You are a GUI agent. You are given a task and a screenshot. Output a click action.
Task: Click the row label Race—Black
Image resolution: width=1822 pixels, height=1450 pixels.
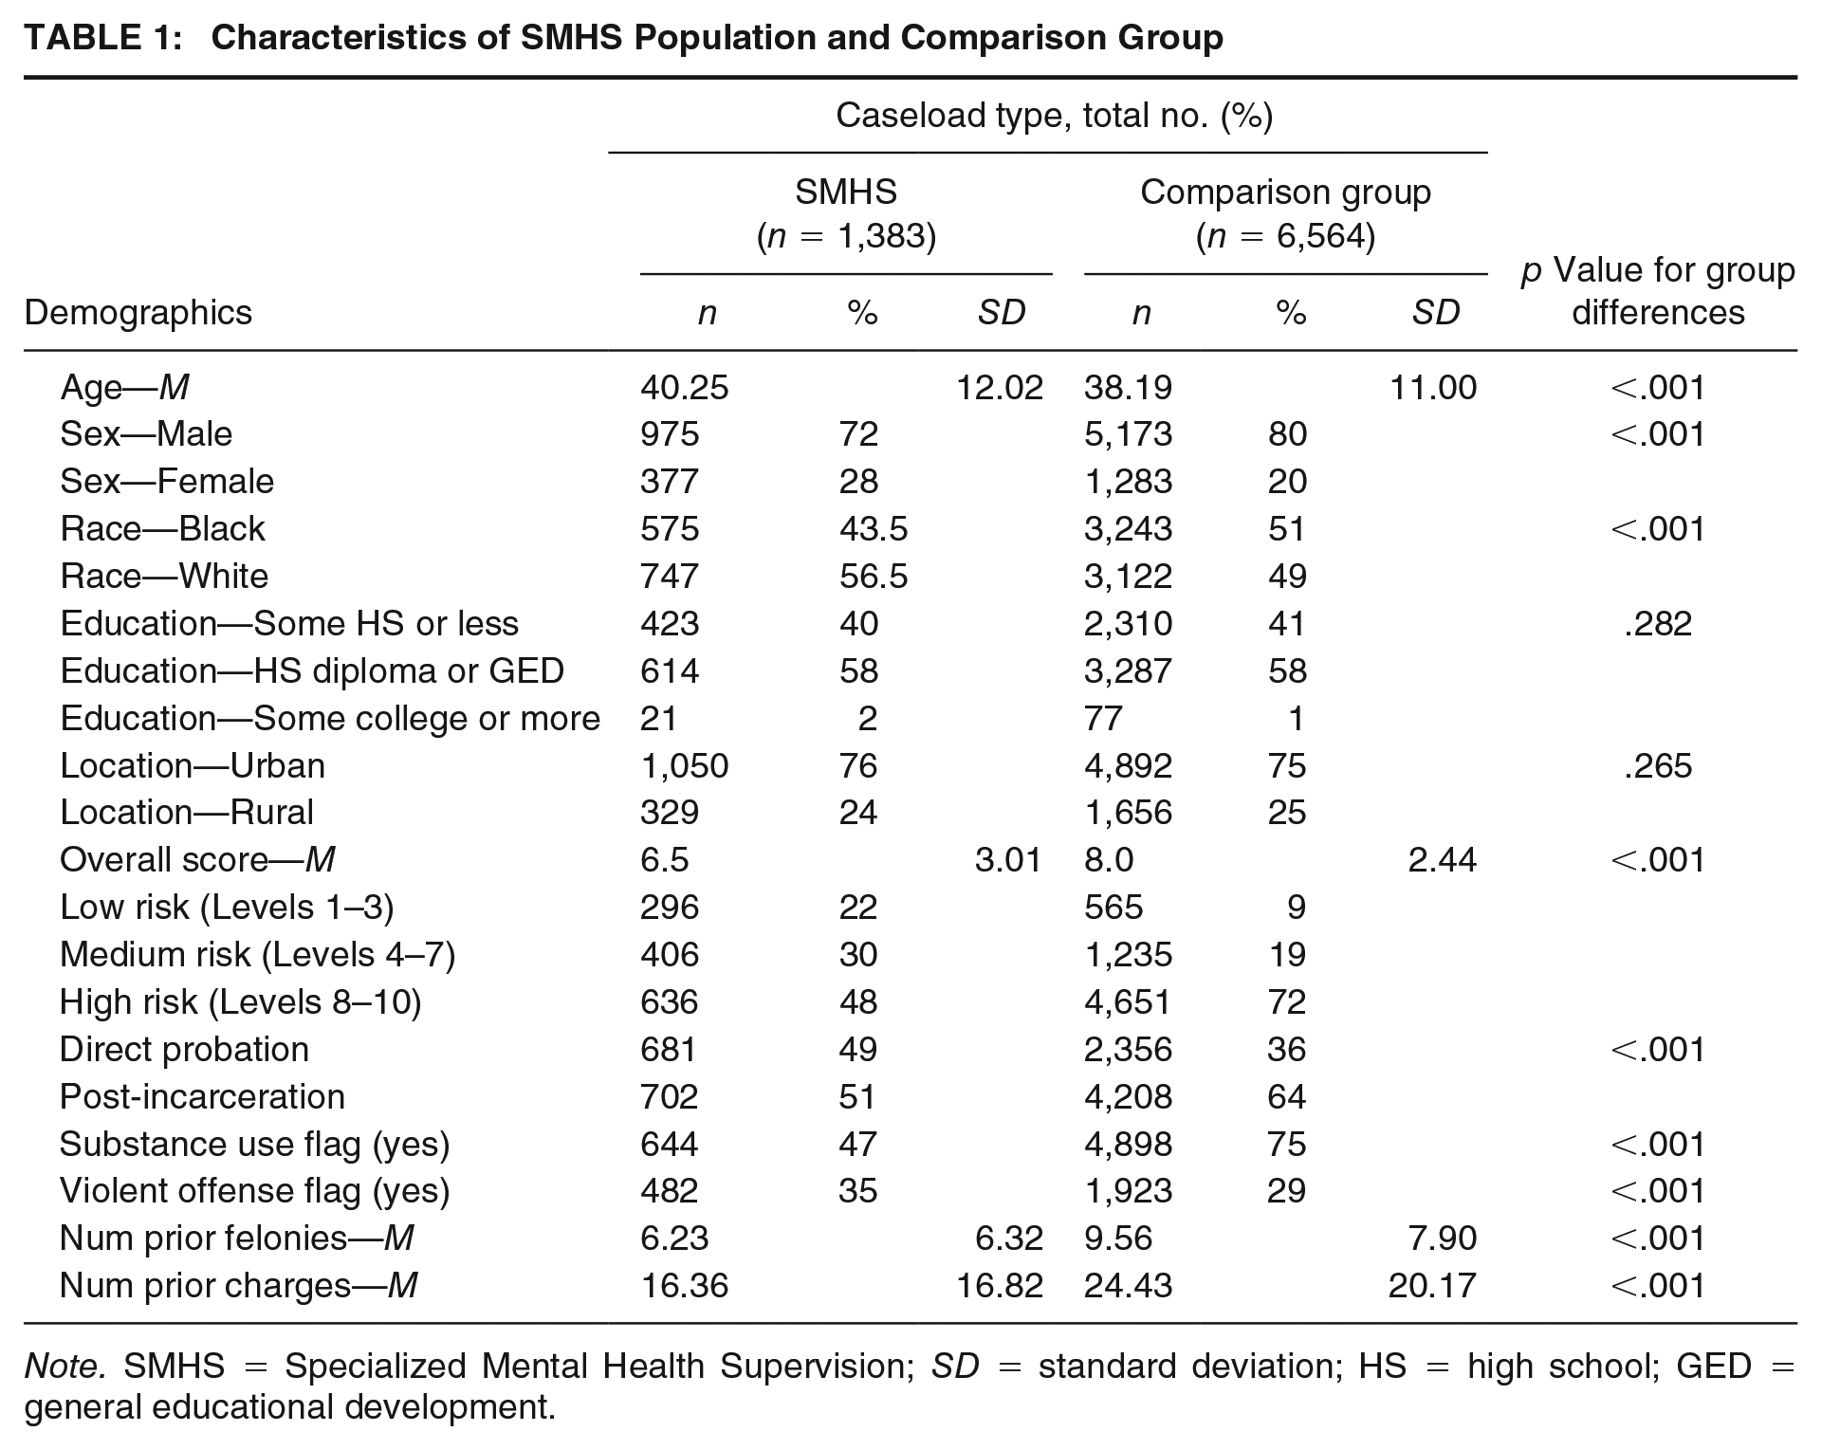[162, 528]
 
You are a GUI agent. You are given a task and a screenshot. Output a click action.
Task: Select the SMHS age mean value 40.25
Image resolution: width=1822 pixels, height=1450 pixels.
[684, 387]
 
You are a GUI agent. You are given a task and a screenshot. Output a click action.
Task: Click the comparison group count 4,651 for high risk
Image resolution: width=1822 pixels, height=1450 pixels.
[1128, 1001]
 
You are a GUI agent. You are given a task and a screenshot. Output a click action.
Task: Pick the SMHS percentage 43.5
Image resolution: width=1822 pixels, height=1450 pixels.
[874, 528]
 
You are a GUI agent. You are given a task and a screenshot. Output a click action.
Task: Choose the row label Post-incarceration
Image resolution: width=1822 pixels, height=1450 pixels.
[202, 1096]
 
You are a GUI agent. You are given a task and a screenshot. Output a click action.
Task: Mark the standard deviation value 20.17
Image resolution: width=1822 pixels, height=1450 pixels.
[1432, 1285]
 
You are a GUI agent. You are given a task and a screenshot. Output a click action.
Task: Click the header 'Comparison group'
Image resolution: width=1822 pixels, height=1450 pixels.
[1285, 193]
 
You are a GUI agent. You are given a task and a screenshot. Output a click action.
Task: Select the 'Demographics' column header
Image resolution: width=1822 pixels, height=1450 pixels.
[138, 312]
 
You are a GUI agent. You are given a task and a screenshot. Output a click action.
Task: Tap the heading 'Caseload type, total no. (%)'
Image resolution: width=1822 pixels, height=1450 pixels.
[1054, 116]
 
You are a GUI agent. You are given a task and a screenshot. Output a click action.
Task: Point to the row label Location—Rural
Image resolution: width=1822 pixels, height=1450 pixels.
[187, 812]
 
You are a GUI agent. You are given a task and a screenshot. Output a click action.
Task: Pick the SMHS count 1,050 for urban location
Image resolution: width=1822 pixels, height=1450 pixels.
[684, 765]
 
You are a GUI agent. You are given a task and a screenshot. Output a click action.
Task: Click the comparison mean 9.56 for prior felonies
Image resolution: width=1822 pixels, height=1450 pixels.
[1118, 1238]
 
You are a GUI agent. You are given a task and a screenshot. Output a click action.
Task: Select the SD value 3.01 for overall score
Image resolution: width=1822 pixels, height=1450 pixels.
[1008, 859]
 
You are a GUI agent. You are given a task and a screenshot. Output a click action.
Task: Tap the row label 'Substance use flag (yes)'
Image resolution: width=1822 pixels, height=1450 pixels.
[254, 1145]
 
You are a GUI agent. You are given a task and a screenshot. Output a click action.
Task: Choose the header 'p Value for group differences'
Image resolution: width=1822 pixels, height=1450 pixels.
[1658, 291]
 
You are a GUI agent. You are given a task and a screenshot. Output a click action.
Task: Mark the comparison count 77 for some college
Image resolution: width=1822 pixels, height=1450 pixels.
[1103, 718]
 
